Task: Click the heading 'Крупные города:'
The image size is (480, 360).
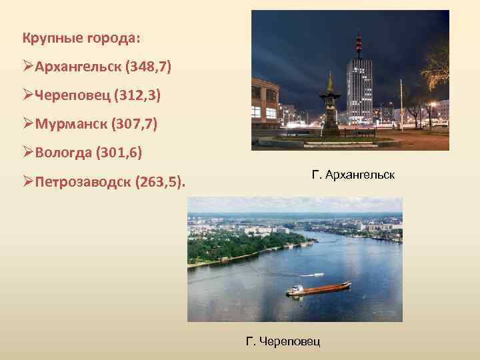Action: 81,38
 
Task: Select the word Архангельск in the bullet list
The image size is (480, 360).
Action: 71,67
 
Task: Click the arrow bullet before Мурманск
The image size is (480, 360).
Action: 27,125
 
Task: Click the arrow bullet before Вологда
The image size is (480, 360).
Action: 27,153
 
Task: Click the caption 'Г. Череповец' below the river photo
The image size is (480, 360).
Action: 283,341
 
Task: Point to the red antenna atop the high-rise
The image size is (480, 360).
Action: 359,43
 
